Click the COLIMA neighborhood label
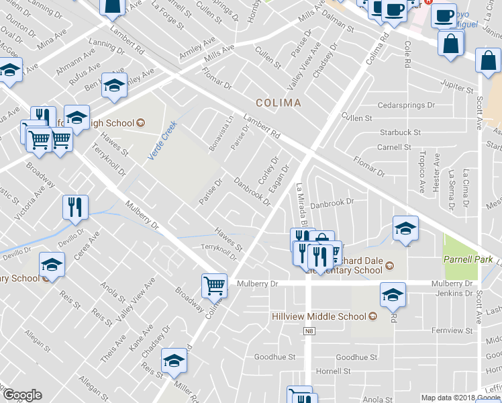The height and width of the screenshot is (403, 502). pyautogui.click(x=278, y=103)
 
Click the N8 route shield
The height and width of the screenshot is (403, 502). pyautogui.click(x=308, y=330)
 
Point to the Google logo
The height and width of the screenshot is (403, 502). pyautogui.click(x=22, y=395)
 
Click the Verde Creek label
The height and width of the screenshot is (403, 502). pyautogui.click(x=161, y=140)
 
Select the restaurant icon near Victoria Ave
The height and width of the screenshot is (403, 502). pyautogui.click(x=74, y=207)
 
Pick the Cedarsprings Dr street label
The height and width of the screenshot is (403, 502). pyautogui.click(x=407, y=105)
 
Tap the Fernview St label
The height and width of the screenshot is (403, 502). pyautogui.click(x=447, y=330)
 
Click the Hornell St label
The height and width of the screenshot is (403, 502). pyautogui.click(x=334, y=371)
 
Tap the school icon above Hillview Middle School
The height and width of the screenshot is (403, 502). pyautogui.click(x=393, y=294)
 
